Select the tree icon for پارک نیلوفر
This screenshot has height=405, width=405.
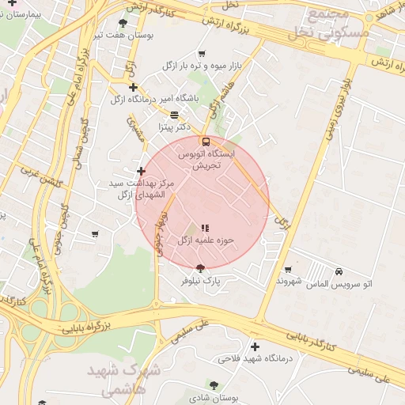click(199, 268)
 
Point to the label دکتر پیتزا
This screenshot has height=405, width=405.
click(175, 126)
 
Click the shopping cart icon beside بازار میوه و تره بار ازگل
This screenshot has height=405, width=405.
click(202, 54)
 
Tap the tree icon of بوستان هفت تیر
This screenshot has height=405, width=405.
click(122, 23)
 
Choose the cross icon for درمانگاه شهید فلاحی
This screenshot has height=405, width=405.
click(255, 346)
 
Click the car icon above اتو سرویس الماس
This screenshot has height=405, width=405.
click(339, 271)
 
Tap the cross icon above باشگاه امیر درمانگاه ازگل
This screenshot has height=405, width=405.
click(133, 87)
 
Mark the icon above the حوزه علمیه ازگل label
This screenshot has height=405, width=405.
click(206, 228)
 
